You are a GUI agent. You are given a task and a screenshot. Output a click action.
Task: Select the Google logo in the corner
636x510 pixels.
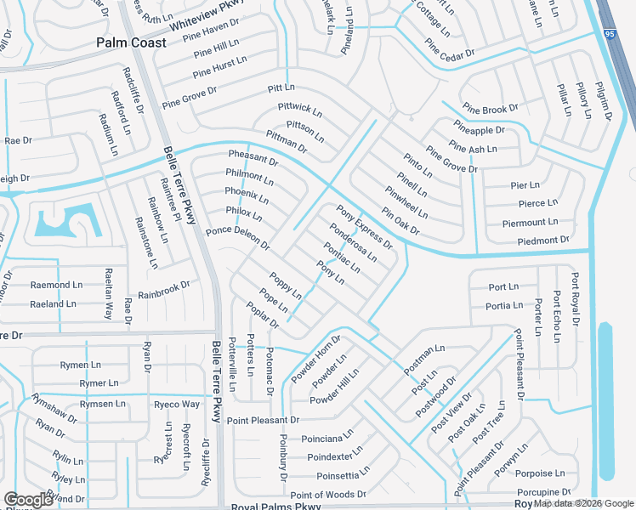[x=28, y=500]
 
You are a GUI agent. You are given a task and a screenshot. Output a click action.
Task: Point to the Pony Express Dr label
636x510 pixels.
[x=364, y=226]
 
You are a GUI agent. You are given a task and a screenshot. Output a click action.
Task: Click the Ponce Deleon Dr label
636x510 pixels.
[x=237, y=239]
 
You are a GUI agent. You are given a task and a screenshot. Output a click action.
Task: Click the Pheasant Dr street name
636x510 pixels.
[x=253, y=158]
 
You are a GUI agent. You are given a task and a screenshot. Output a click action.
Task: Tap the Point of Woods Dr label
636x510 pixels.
[x=328, y=495]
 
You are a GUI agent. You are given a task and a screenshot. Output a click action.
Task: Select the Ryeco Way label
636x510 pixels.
[x=177, y=405]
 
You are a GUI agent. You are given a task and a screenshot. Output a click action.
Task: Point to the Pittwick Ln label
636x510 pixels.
[x=300, y=110]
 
